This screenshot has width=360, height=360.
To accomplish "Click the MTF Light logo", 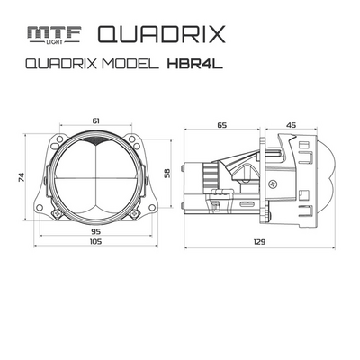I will pyautogui.click(x=53, y=34).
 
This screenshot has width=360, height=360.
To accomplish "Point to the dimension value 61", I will pyautogui.click(x=96, y=119).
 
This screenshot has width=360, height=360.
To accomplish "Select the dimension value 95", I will pyautogui.click(x=94, y=229).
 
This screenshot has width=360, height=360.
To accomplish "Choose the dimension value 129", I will pyautogui.click(x=260, y=242).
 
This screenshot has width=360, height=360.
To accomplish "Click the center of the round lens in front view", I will pyautogui.click(x=94, y=177).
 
